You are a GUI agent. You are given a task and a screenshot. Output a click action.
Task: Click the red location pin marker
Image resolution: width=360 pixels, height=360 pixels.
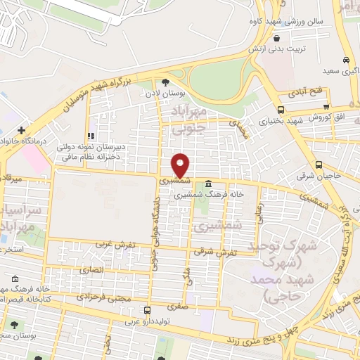(181, 165)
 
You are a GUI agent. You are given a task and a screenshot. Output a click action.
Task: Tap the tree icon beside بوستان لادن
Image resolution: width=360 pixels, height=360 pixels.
(165, 82)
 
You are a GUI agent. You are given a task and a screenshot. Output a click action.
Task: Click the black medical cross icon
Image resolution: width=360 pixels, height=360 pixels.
(22, 130)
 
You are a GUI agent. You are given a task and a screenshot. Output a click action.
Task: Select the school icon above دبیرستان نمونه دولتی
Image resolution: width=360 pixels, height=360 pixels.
(90, 136)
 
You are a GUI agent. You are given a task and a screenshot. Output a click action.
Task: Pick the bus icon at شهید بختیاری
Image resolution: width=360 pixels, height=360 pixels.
(281, 110)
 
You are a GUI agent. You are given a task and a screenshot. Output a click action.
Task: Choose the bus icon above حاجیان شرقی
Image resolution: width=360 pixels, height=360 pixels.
(319, 165)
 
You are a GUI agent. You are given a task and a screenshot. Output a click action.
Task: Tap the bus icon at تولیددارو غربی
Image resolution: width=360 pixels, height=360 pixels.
(146, 310)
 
